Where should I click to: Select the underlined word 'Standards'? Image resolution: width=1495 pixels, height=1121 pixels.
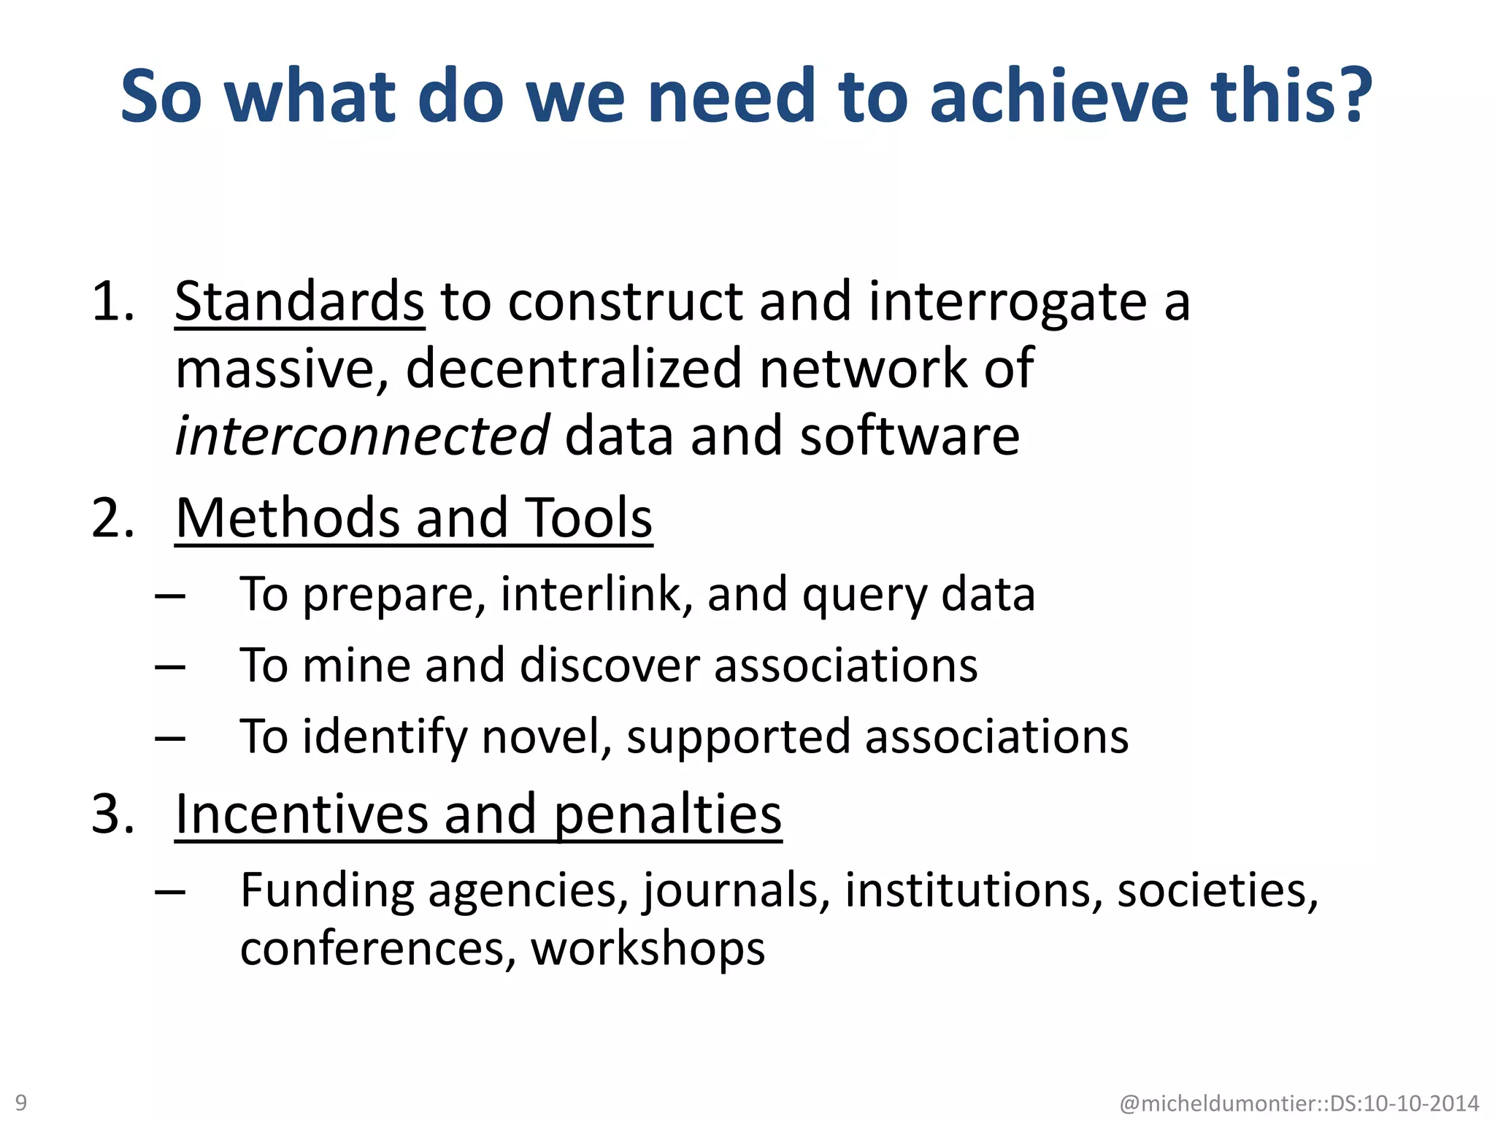click(x=299, y=301)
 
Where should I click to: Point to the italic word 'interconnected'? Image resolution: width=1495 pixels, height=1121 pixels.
click(x=362, y=436)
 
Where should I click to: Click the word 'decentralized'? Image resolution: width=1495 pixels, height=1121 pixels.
click(x=574, y=369)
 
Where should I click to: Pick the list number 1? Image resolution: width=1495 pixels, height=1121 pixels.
click(x=112, y=301)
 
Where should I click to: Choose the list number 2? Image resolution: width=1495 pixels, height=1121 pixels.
click(x=112, y=518)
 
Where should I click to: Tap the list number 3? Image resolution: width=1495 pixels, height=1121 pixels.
click(x=112, y=814)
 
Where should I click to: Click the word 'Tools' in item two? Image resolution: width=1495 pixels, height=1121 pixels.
click(x=588, y=518)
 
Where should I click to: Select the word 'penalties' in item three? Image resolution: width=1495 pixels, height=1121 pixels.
click(x=667, y=815)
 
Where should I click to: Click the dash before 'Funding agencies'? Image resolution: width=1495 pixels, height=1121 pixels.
click(x=169, y=892)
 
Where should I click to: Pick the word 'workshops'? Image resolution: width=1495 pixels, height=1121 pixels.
click(x=647, y=949)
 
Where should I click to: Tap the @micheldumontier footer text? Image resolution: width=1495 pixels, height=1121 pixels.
click(x=1299, y=1103)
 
